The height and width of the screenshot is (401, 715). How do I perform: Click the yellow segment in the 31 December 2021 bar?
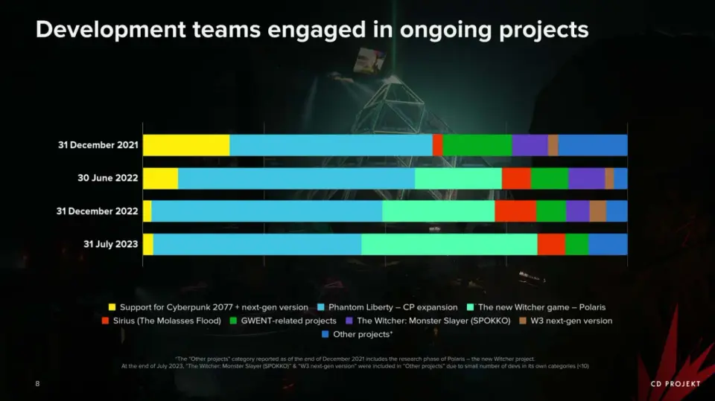pyautogui.click(x=186, y=145)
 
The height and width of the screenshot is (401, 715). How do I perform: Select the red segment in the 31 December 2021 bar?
pyautogui.click(x=437, y=145)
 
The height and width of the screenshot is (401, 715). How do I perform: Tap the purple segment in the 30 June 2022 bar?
pyautogui.click(x=586, y=179)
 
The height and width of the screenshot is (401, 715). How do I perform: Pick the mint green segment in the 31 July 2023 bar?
pyautogui.click(x=449, y=244)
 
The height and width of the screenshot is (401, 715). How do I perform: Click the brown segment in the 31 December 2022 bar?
pyautogui.click(x=597, y=211)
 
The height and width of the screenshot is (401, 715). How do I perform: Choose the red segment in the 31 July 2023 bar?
pyautogui.click(x=551, y=244)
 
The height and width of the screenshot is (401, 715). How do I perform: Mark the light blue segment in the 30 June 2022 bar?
pyautogui.click(x=296, y=179)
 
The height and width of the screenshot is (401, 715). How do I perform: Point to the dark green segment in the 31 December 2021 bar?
pyautogui.click(x=477, y=145)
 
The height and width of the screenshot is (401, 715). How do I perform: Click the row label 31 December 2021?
pyautogui.click(x=98, y=145)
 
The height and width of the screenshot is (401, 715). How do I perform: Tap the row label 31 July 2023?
pyautogui.click(x=109, y=244)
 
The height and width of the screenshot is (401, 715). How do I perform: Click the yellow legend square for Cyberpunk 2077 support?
pyautogui.click(x=112, y=307)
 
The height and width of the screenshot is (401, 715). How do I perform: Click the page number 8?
pyautogui.click(x=37, y=383)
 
